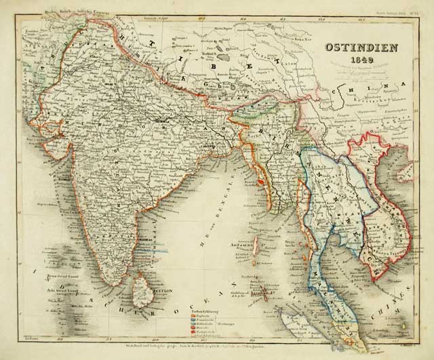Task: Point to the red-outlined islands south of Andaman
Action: click(x=258, y=294)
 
